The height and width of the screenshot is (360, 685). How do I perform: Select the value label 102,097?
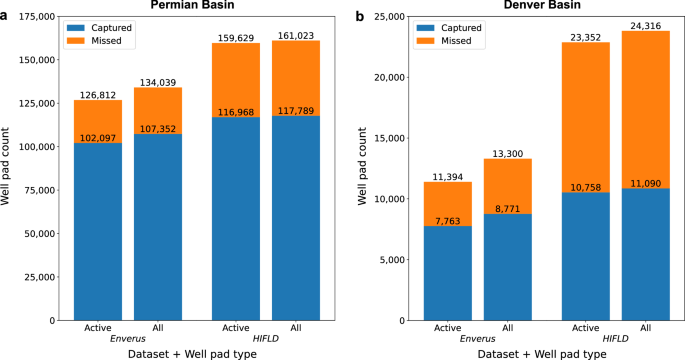(99, 137)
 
